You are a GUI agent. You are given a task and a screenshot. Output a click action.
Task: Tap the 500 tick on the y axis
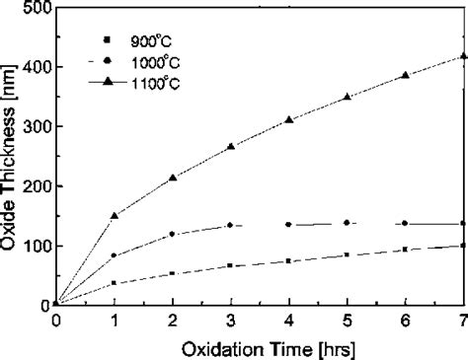point(39,7)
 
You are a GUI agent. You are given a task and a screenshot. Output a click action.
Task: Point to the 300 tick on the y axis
point(39,126)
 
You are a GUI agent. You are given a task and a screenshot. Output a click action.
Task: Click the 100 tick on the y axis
point(39,246)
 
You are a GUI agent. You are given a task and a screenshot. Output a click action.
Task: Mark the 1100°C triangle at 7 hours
point(463,56)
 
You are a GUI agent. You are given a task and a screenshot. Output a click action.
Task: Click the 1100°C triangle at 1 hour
point(115,215)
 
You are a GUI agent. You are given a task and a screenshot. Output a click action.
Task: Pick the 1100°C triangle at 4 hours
point(289,119)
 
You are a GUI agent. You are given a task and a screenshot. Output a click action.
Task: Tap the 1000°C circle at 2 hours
point(173,234)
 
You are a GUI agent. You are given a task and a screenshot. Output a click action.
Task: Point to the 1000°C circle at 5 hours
point(347,223)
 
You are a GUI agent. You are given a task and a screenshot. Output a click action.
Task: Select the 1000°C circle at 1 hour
point(115,255)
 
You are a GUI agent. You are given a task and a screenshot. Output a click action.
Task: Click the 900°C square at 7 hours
point(463,246)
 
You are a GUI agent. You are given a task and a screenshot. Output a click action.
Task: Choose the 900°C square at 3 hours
point(231,265)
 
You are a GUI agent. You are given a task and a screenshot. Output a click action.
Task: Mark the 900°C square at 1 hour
point(115,283)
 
